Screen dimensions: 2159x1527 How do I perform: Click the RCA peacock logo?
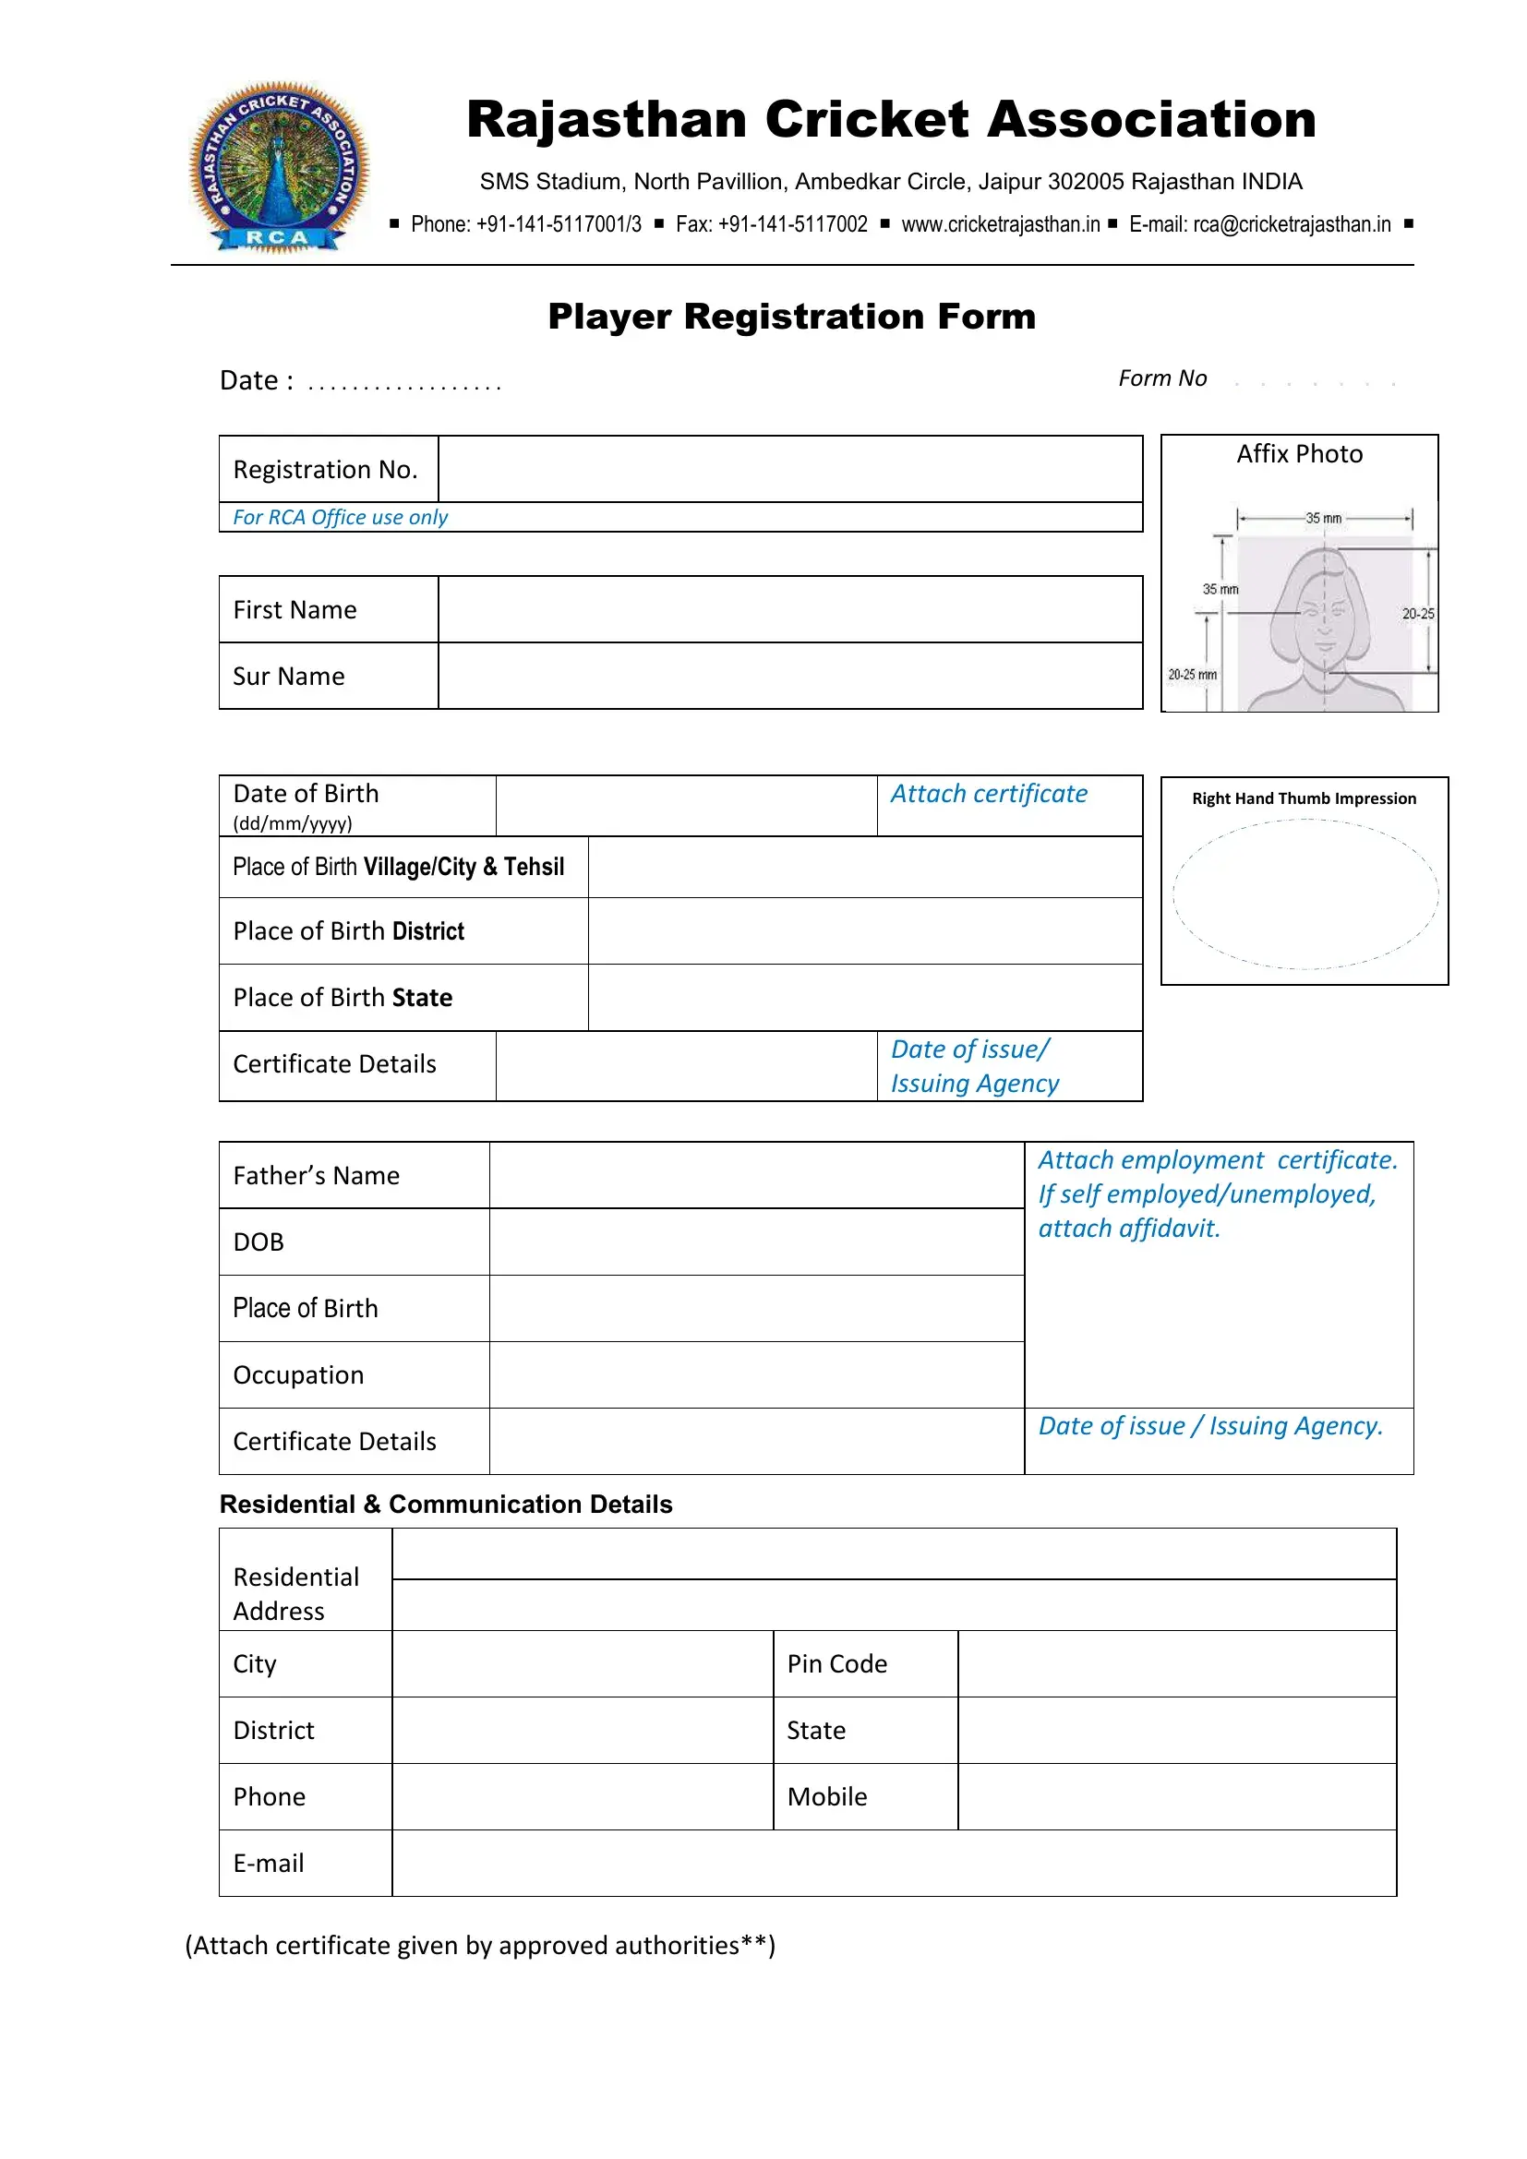279,167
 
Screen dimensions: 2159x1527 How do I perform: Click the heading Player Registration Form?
792,317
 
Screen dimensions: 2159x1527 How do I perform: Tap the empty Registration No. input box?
790,469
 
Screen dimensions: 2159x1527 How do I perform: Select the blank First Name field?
790,609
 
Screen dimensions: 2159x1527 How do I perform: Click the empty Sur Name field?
790,676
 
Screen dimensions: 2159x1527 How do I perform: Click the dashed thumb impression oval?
1305,894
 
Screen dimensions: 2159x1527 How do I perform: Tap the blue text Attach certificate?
988,794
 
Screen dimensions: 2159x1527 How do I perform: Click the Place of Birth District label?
349,931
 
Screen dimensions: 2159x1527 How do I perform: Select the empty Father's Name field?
756,1175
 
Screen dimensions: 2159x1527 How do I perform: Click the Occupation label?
298,1374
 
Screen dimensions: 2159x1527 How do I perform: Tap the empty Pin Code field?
1176,1663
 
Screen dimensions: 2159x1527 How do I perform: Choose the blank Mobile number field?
1176,1796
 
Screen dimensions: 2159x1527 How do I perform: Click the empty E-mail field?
894,1863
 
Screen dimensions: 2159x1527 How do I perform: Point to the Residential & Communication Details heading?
446,1505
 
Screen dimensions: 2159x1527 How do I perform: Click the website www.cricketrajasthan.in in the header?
1001,224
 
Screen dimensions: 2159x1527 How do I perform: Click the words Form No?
1162,378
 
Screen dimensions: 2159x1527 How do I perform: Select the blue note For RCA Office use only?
341,517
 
